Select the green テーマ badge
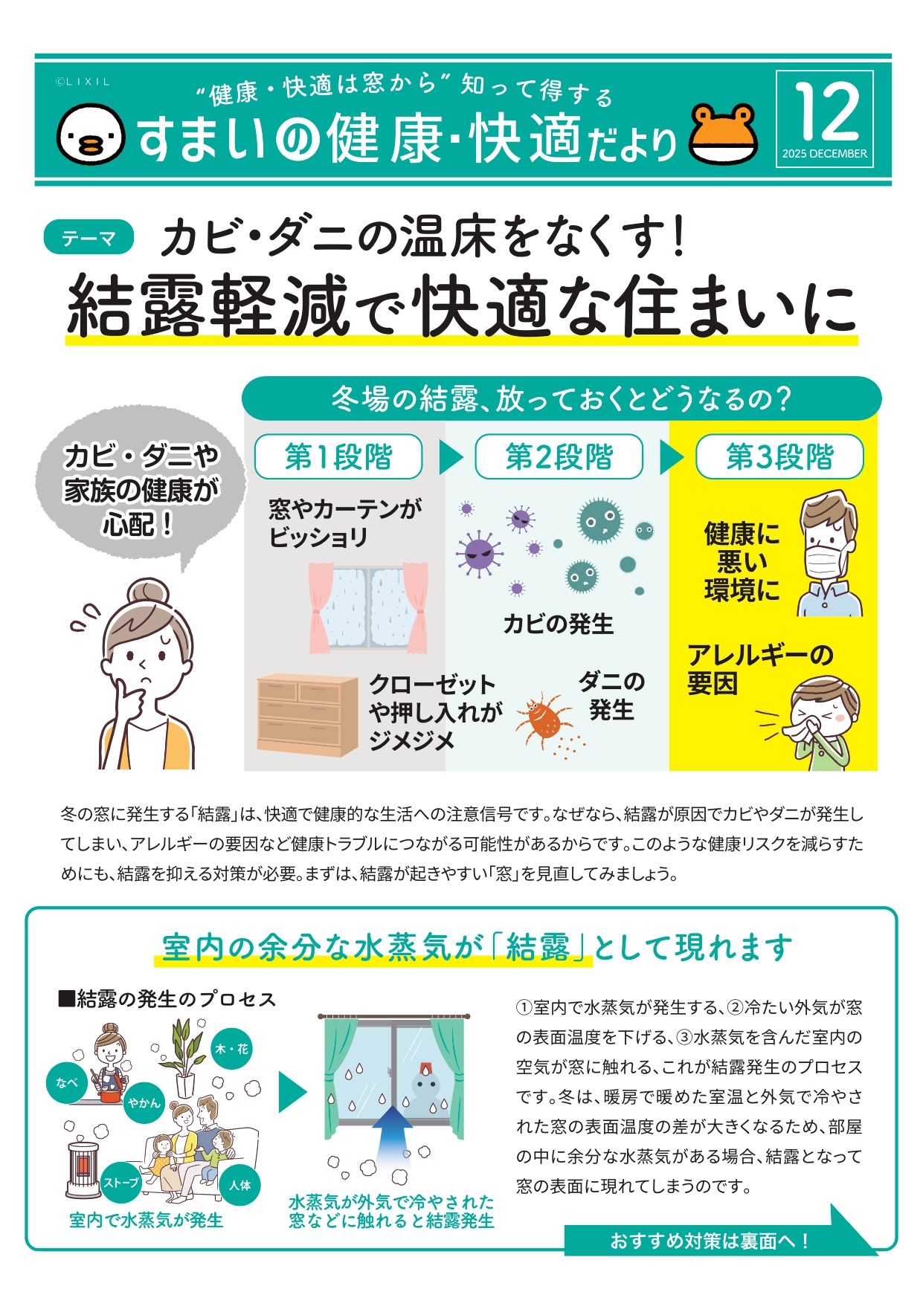89,238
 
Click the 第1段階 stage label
338,456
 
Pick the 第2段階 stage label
559,456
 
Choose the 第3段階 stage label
779,456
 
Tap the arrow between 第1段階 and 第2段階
450,456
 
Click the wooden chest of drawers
306,714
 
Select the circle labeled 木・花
231,1049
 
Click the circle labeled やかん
144,1102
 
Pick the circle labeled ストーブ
121,1182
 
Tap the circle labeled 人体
239,1185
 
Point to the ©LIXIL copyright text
83,82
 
